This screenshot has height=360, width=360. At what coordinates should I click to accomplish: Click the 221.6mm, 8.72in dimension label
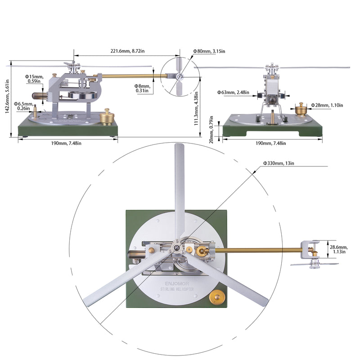point(126,52)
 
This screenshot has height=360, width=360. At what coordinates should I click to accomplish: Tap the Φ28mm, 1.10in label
point(327,105)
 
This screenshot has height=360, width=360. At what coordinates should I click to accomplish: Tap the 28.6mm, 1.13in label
point(338,249)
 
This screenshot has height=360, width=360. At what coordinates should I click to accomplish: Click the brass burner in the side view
point(108,117)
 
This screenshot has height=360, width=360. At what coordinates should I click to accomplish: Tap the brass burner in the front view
point(301,108)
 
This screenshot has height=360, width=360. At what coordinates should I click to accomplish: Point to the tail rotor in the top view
point(314,264)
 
